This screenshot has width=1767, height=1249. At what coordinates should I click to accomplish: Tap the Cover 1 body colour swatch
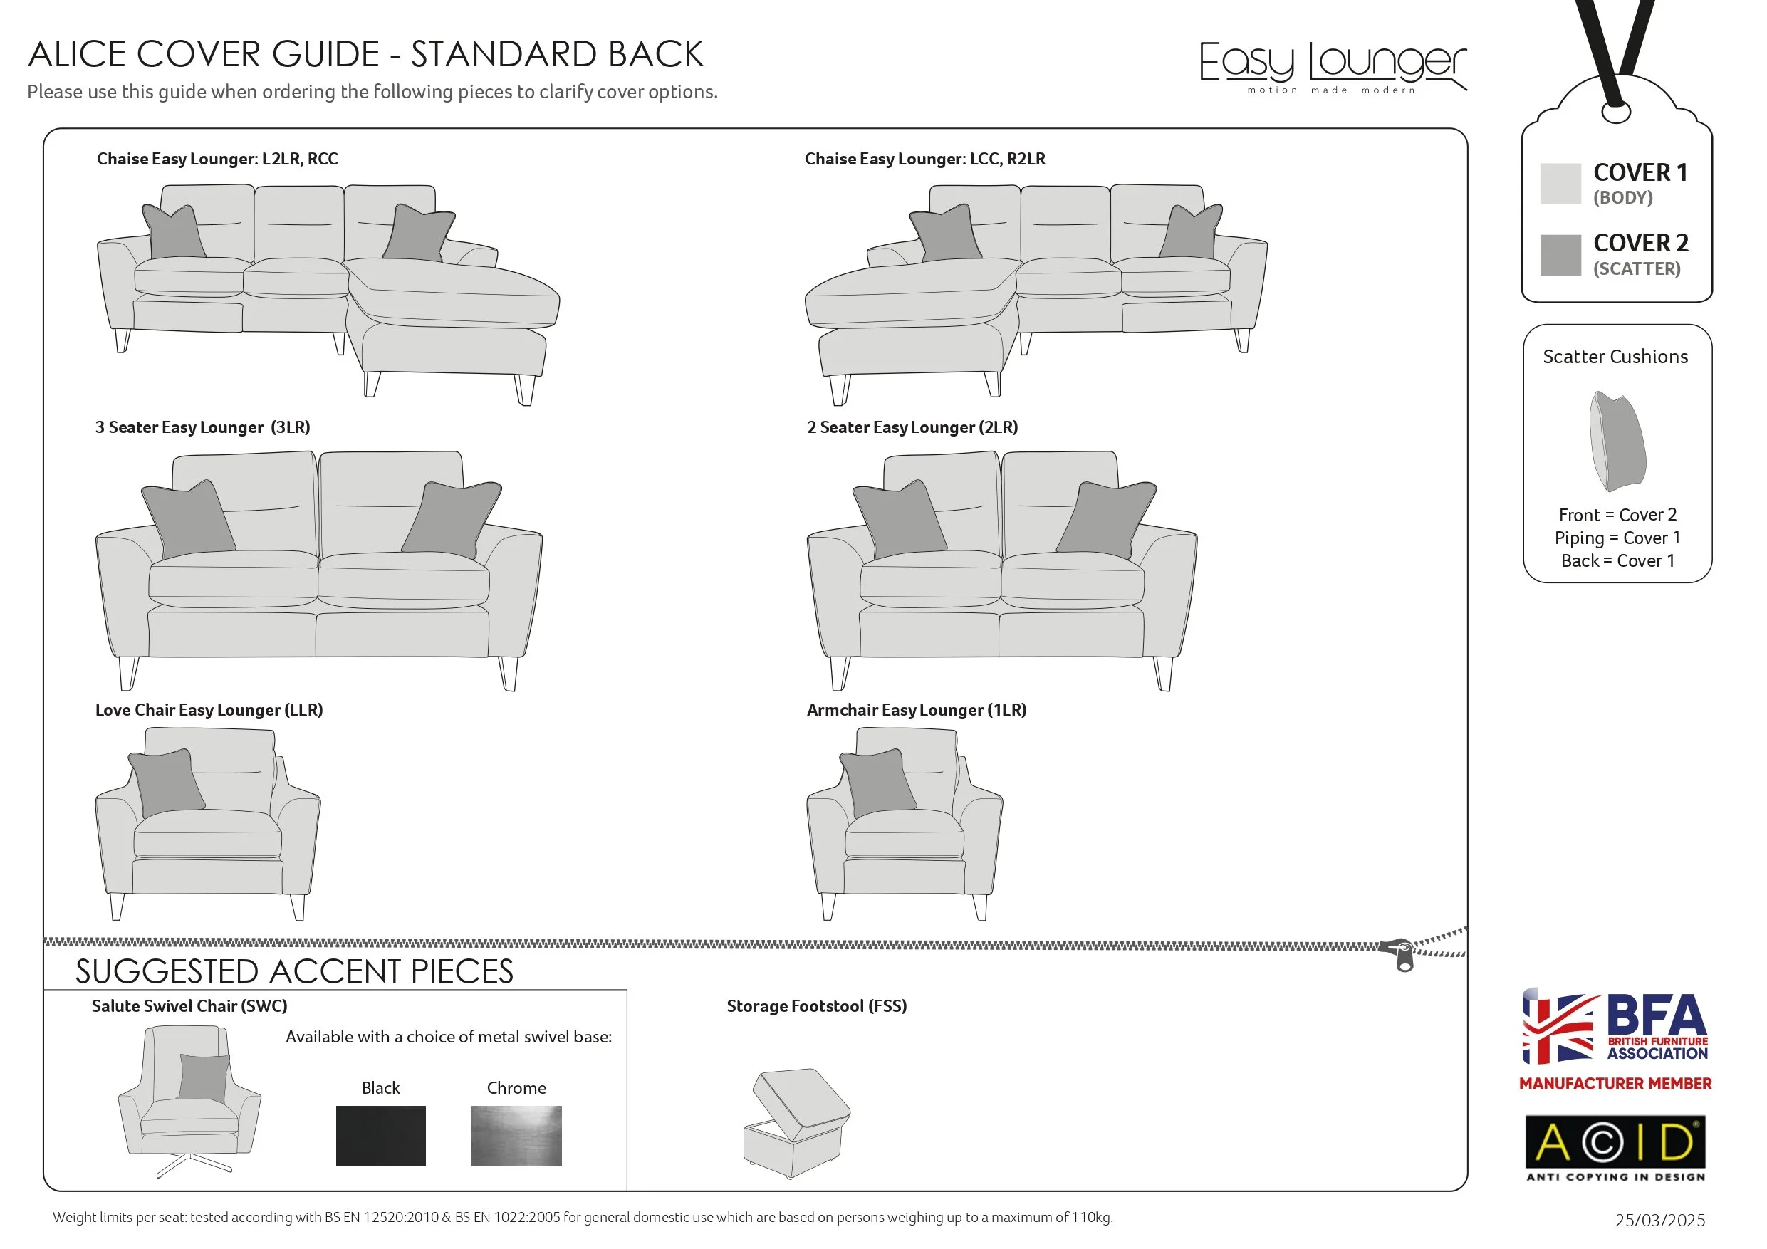[x=1560, y=183]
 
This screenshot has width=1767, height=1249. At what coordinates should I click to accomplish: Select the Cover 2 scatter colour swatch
[x=1560, y=255]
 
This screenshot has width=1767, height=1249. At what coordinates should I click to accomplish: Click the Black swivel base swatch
[x=380, y=1136]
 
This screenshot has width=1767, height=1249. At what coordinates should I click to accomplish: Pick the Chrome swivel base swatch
[x=516, y=1136]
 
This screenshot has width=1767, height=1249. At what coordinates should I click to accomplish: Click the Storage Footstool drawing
[x=796, y=1124]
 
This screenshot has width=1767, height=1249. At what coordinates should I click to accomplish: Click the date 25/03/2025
[x=1659, y=1221]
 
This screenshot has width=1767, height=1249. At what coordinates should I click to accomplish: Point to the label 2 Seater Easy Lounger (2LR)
[x=912, y=427]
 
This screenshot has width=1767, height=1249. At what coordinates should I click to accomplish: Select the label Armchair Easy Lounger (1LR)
[x=916, y=709]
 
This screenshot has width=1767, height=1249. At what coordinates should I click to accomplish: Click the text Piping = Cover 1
[x=1617, y=538]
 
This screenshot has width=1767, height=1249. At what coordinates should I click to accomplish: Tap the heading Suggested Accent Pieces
[x=294, y=971]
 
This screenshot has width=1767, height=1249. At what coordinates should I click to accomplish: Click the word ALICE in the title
[x=77, y=55]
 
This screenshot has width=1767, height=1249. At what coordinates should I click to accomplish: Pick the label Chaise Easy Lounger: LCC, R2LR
[x=924, y=159]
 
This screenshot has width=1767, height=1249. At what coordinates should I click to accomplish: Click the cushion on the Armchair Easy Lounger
[x=877, y=782]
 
